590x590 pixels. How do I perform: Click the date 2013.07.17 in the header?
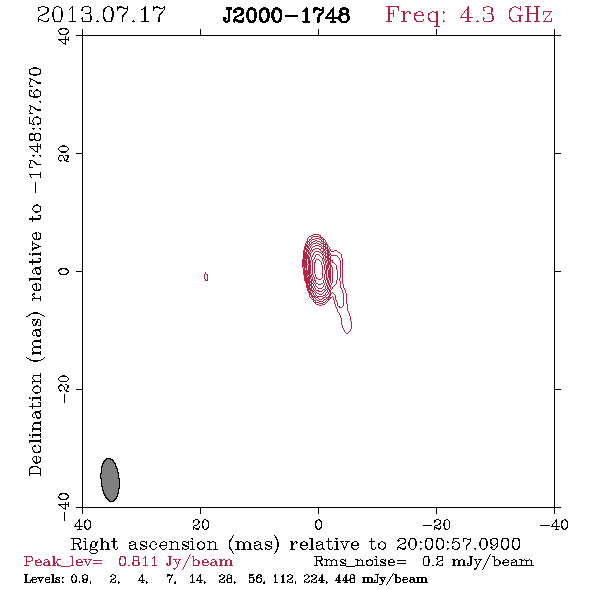(x=101, y=15)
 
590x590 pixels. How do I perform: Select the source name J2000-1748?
(x=286, y=15)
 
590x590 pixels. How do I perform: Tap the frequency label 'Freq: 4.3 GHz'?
(x=469, y=15)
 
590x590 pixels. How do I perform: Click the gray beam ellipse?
(x=110, y=480)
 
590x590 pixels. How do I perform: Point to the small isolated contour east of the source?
(x=206, y=277)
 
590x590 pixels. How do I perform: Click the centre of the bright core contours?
(x=318, y=269)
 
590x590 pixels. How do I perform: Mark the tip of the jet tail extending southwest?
(x=347, y=333)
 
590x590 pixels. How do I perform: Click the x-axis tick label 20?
(x=201, y=524)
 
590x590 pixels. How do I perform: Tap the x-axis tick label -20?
(x=436, y=524)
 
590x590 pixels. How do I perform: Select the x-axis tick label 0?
(x=318, y=524)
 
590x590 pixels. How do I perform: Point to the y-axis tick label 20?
(x=64, y=154)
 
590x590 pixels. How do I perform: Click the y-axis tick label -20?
(x=64, y=389)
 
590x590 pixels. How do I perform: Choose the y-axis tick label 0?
(x=64, y=271)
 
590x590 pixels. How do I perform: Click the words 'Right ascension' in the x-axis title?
(x=144, y=544)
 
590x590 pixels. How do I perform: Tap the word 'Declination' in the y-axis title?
(x=35, y=424)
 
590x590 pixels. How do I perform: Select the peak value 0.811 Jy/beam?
(x=175, y=562)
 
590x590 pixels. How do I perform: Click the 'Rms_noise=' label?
(x=360, y=562)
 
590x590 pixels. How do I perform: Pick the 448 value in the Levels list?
(x=347, y=578)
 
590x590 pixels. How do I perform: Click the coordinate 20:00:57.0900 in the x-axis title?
(x=458, y=544)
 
